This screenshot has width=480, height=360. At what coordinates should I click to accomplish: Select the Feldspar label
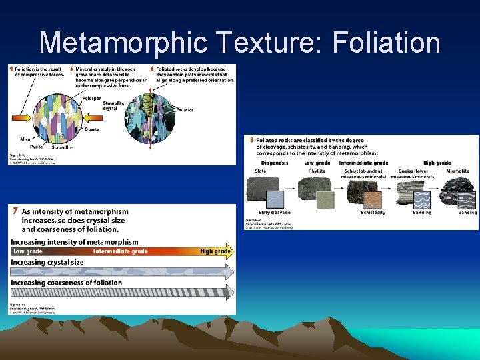(93, 97)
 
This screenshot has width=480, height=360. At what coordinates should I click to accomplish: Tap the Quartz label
(93, 130)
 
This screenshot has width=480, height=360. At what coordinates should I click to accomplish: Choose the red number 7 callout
(15, 211)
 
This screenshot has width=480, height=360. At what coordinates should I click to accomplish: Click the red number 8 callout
(251, 140)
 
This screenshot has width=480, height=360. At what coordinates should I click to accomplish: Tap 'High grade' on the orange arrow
(215, 251)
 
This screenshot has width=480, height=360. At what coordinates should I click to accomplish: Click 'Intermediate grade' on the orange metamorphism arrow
(121, 251)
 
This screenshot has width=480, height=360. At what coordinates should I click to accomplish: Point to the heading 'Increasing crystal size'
(47, 262)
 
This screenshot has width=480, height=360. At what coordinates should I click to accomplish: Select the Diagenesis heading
(275, 163)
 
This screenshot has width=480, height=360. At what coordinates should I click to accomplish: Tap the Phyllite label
(317, 171)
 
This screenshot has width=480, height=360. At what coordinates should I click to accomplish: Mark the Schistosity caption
(373, 212)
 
